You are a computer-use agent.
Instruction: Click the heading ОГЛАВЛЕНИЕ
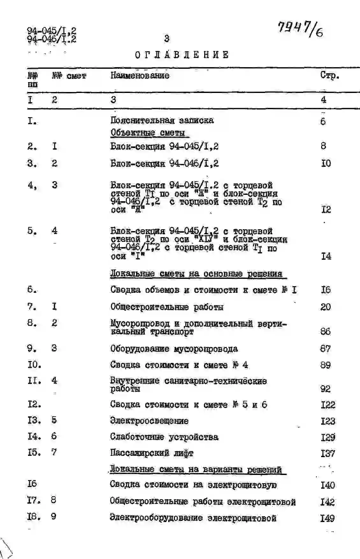coord(182,55)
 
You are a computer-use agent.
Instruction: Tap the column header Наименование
coord(140,76)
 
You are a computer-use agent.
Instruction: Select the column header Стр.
coord(329,76)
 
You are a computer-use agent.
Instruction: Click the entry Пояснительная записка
coord(162,121)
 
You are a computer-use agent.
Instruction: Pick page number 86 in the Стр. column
coord(325,331)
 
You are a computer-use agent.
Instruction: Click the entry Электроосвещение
coord(149,421)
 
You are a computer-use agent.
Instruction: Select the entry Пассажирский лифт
coord(152,453)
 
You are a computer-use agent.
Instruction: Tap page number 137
coord(328,453)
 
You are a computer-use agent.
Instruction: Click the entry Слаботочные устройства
coord(164,437)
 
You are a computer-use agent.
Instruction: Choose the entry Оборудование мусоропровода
coord(174,349)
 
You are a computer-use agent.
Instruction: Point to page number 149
coord(327,518)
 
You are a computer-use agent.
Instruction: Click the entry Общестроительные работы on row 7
coord(167,307)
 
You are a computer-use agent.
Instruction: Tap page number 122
coord(328,405)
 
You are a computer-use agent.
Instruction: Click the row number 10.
coord(34,364)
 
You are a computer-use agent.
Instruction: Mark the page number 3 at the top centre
coord(167,39)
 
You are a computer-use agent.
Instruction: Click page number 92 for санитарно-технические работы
coord(325,389)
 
